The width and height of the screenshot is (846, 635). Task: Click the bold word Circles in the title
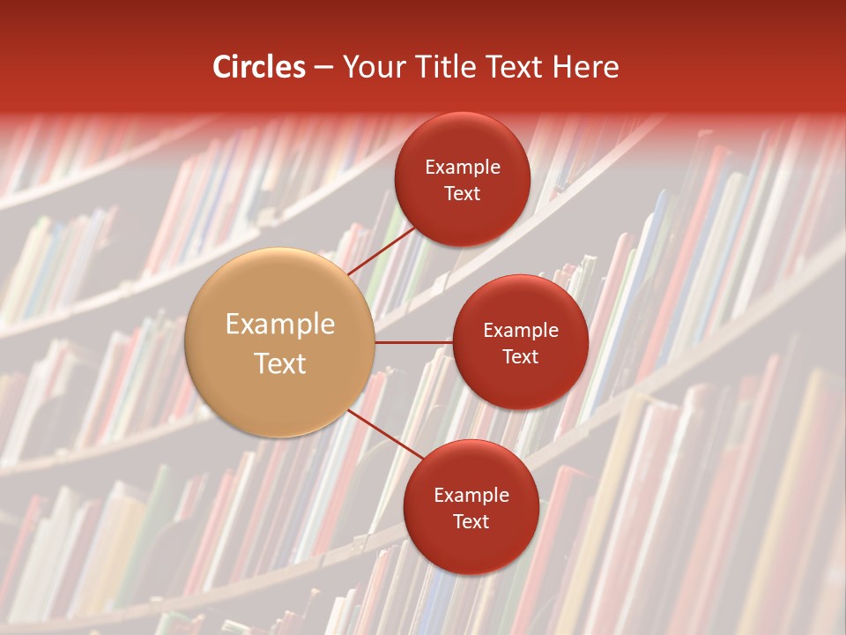pos(259,67)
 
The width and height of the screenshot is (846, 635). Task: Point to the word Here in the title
pos(585,67)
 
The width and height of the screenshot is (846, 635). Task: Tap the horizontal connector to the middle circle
pos(414,342)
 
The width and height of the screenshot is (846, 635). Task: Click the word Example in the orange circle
pos(280,325)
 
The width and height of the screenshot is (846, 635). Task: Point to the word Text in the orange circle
pos(280,363)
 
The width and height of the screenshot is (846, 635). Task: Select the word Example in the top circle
pos(463,168)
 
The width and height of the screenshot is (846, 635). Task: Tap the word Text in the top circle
pos(463,193)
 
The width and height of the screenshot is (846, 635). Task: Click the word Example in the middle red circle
pos(521,331)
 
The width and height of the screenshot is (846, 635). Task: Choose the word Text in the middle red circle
pos(521,356)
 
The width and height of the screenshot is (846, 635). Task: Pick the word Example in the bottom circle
pos(471,496)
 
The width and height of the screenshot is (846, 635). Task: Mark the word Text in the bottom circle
pos(471,521)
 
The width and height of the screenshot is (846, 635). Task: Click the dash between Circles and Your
pos(323,68)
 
